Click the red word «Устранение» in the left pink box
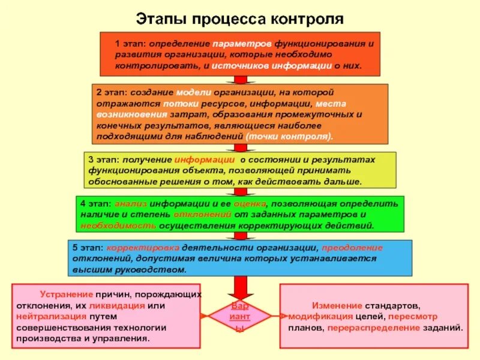(x=67, y=295)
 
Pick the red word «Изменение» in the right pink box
(x=337, y=305)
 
